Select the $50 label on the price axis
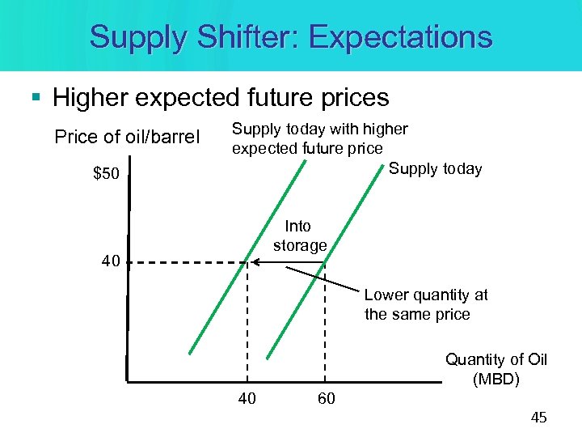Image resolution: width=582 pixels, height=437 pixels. [103, 174]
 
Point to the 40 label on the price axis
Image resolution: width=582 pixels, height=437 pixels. [111, 261]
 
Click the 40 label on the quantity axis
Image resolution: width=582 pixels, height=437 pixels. [248, 397]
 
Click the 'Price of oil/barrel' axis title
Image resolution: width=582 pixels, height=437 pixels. [126, 137]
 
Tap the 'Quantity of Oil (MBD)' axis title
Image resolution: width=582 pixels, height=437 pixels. [496, 369]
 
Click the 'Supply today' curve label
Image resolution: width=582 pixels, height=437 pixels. [435, 169]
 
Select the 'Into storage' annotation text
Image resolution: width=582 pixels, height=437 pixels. [299, 235]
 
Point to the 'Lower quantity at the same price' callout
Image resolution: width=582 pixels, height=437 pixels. [426, 305]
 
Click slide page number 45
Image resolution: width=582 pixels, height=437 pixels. [538, 418]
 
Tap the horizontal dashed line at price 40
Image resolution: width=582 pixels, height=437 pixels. [186, 261]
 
